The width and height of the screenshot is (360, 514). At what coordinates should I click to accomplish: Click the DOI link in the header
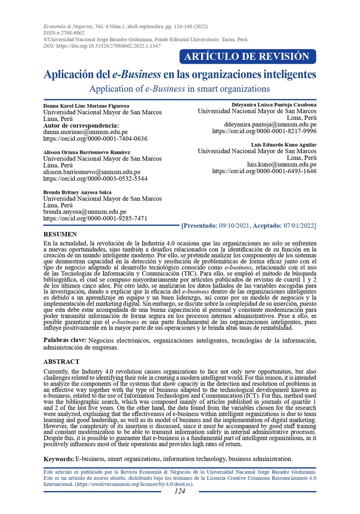pos(108,46)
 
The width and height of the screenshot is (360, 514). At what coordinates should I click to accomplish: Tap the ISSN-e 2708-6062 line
pos(65,32)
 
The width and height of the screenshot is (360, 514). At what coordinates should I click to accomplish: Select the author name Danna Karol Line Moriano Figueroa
pos(86,106)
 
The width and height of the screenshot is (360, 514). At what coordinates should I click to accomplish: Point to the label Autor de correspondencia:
pos(81,125)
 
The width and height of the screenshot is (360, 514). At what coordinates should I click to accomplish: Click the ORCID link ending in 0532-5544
pos(95,178)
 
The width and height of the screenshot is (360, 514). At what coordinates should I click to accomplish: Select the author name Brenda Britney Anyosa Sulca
pos(77,192)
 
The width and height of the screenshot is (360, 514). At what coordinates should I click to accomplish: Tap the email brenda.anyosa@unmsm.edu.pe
pos(85,212)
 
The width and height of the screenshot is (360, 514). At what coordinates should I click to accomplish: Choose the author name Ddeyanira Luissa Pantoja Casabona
pos(274,104)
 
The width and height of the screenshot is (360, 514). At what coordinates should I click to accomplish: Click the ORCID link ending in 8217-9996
pos(264,131)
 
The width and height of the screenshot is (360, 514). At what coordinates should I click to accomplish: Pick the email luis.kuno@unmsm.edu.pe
pos(281,164)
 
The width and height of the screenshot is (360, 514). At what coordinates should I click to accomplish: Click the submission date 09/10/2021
pos(234,226)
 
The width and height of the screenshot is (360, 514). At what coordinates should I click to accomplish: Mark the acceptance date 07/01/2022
pos(298,226)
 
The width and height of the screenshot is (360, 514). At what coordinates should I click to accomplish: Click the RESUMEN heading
pos(60,234)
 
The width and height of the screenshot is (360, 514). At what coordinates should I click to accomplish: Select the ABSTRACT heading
pos(61,361)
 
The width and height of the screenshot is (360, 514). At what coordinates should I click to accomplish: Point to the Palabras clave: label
pos(65,340)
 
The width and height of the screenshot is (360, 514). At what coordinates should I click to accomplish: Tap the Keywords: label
pos(58,459)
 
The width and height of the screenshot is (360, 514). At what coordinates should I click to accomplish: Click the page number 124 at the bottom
pos(180,491)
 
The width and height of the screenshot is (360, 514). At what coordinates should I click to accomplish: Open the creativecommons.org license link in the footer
pos(134,484)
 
